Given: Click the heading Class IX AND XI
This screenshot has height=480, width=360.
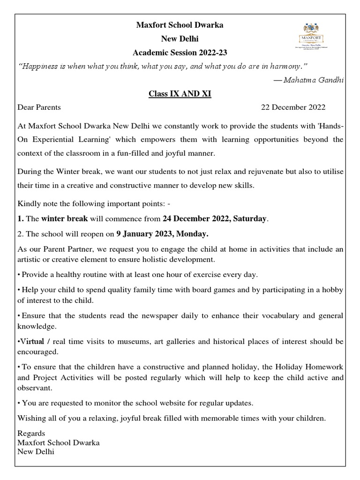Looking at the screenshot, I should [x=180, y=94].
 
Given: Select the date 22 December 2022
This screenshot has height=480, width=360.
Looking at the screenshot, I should [x=293, y=107].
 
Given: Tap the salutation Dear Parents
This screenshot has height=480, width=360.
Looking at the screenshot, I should [x=39, y=107].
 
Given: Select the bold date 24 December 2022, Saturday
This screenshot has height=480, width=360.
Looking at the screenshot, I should [x=214, y=218].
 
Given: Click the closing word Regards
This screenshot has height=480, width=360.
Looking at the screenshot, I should [x=31, y=433].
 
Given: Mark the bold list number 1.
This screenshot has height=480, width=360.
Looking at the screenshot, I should [x=20, y=218].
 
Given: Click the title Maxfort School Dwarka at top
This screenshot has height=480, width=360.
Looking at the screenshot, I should [x=180, y=25].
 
